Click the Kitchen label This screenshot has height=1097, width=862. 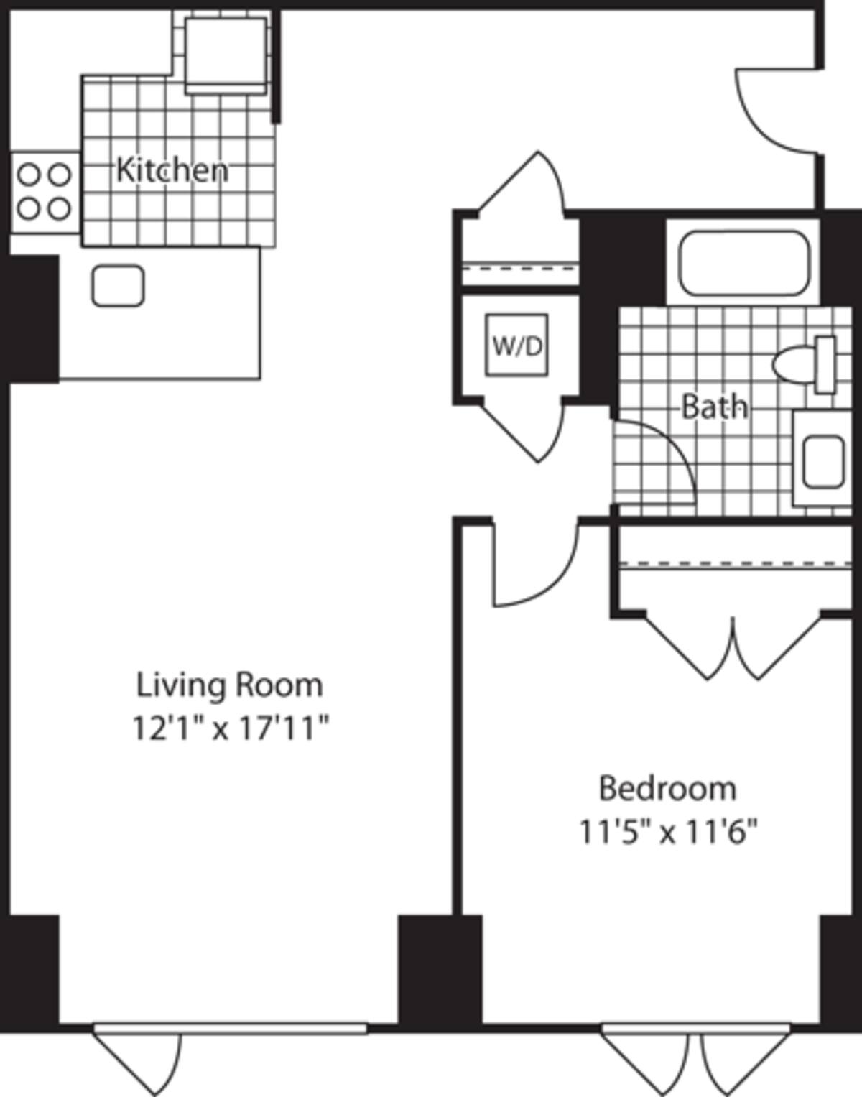(172, 170)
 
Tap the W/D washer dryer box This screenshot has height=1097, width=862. (516, 346)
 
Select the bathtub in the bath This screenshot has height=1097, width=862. (743, 262)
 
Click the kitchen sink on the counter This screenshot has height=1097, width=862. (118, 285)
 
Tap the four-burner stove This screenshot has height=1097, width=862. (44, 192)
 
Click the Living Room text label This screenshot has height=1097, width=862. (229, 685)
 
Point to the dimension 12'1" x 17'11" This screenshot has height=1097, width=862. (229, 728)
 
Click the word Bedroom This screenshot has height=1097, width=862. (667, 788)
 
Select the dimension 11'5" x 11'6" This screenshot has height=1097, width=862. (668, 833)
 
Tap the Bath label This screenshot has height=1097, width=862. (714, 407)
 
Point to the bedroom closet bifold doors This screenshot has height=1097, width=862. (733, 647)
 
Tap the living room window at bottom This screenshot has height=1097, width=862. (230, 1029)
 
